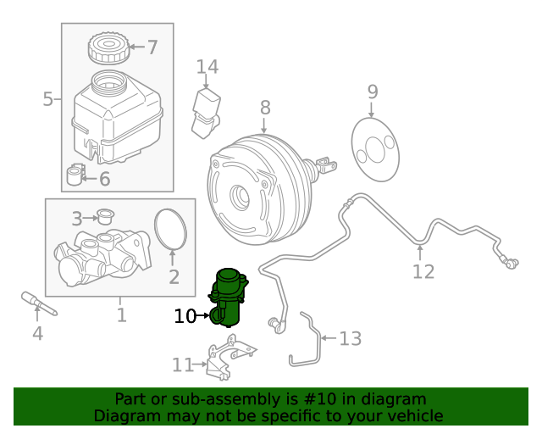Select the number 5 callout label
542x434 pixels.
pos(47,100)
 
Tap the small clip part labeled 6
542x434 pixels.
pos(76,175)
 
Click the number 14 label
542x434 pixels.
pos(207,67)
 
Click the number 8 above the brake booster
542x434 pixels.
pos(265,108)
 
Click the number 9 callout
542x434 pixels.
pos(373,92)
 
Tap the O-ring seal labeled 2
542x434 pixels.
pos(173,230)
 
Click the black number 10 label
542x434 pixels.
pos(185,316)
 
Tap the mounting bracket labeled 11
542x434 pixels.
pos(226,359)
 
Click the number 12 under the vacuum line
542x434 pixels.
pos(423,271)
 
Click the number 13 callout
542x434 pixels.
pos(350,339)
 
